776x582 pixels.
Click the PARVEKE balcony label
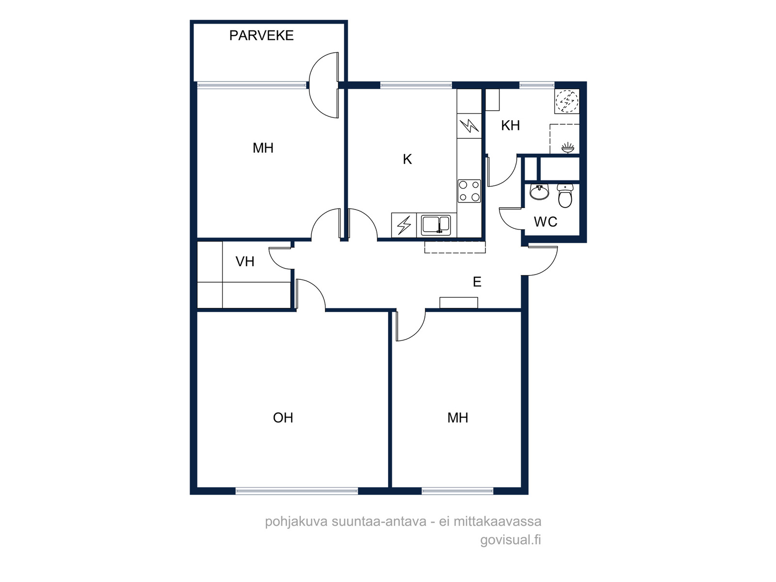click(x=261, y=35)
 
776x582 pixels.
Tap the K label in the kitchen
click(x=407, y=160)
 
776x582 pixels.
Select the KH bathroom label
click(x=510, y=126)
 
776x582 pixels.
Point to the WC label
click(x=546, y=222)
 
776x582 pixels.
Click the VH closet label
click(x=244, y=261)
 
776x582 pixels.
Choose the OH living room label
click(x=283, y=418)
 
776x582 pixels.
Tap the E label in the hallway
click(x=477, y=282)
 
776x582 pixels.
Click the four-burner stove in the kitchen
click(x=469, y=191)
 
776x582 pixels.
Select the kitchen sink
click(x=436, y=226)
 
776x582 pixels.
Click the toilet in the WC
click(x=565, y=195)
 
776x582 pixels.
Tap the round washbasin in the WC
click(x=539, y=192)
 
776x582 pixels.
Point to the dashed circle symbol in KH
click(x=567, y=101)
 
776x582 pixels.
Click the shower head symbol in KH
click(x=568, y=148)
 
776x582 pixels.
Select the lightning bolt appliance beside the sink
click(x=404, y=225)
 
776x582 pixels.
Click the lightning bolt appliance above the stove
click(x=469, y=126)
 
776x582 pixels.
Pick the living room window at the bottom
click(x=297, y=490)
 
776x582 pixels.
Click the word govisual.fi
click(x=511, y=540)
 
